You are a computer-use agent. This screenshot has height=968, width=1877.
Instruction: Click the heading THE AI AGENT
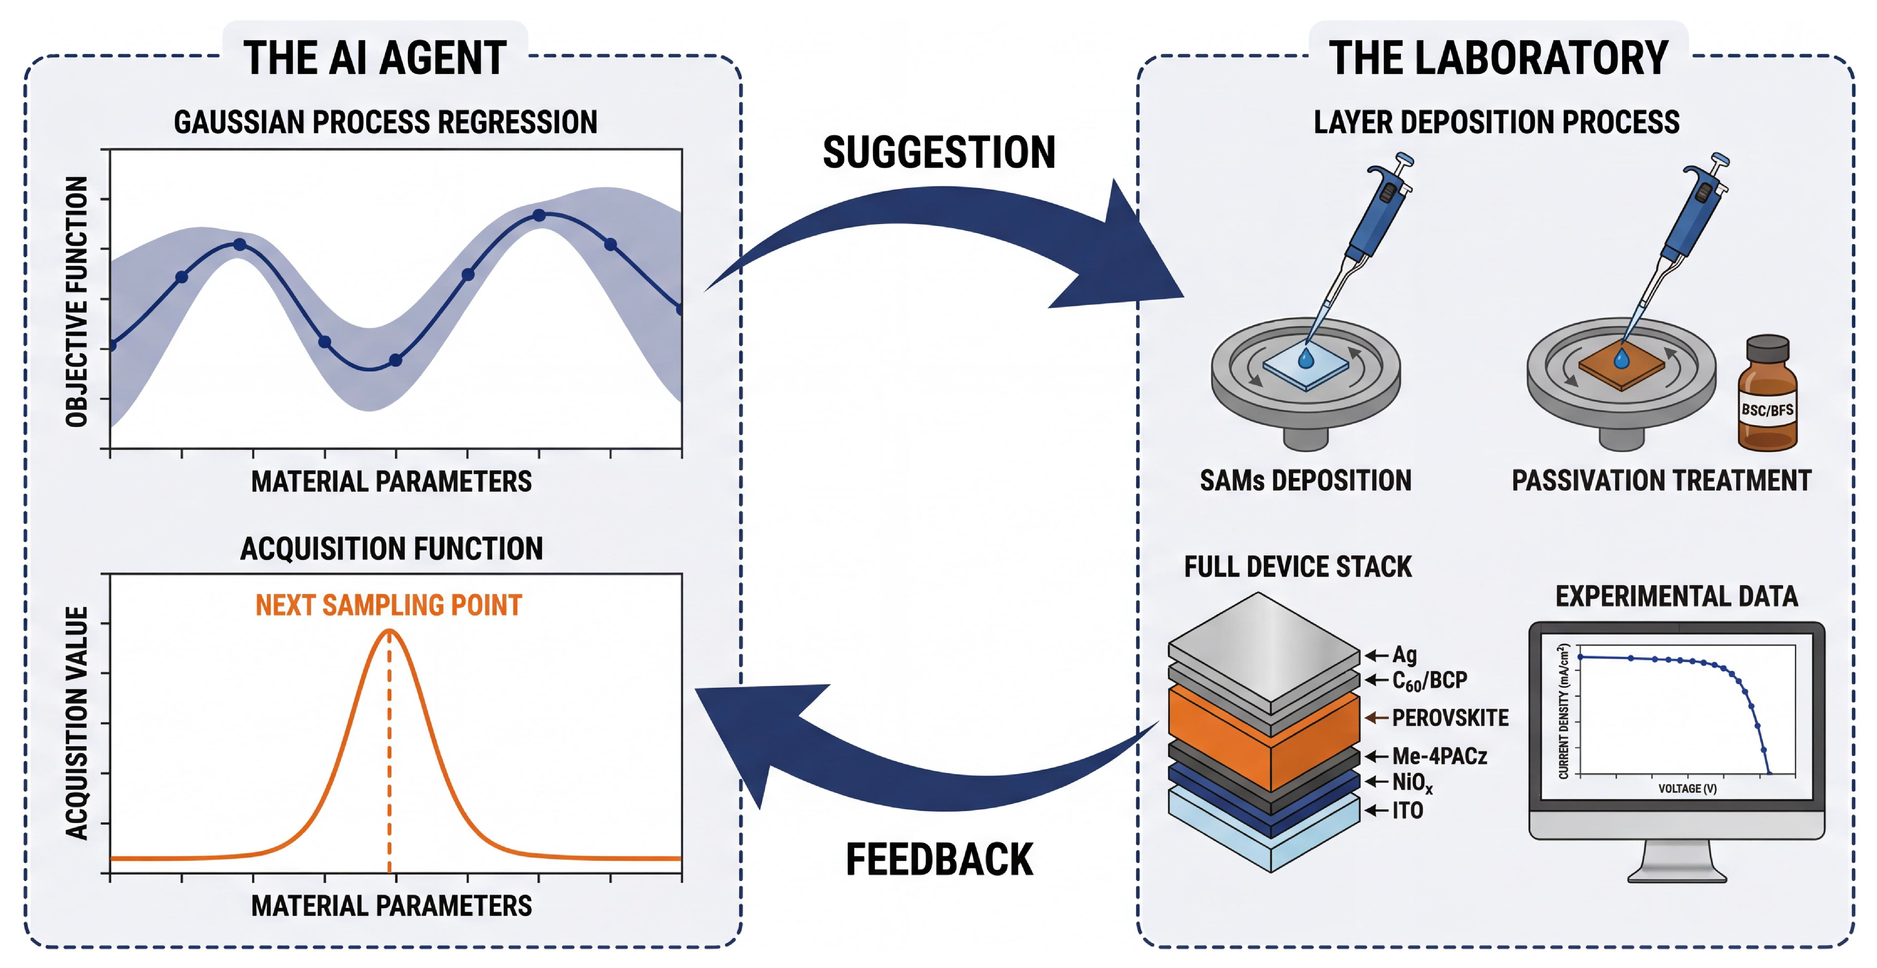[375, 58]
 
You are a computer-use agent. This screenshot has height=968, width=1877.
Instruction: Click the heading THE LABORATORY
[1498, 58]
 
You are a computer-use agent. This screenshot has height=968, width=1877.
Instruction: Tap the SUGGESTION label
[938, 152]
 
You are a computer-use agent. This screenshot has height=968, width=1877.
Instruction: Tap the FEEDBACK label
[938, 859]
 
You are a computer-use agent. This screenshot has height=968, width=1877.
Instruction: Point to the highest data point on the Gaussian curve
[539, 215]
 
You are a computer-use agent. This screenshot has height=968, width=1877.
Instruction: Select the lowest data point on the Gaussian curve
[395, 360]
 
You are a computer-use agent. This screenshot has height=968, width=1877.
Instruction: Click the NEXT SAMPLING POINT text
[388, 605]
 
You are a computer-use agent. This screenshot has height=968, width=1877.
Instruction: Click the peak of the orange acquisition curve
[389, 631]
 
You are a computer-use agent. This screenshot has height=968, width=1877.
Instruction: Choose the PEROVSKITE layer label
[1450, 718]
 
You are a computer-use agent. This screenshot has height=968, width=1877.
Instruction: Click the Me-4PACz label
[1439, 756]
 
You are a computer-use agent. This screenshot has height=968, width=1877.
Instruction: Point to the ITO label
[1407, 810]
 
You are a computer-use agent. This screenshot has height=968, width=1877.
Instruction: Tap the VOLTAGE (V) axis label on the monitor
[1687, 789]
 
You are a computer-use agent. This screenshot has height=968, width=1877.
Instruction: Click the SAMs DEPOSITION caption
[1305, 480]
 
